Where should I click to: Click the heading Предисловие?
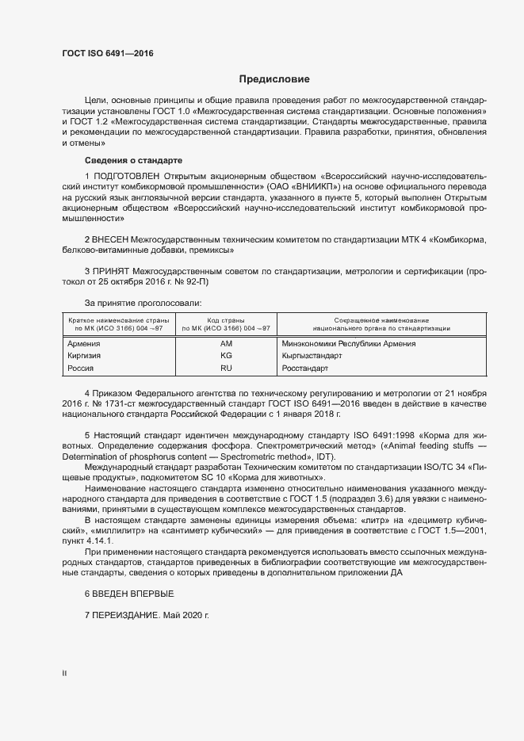274,79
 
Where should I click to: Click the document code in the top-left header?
107,53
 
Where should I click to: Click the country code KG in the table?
226,356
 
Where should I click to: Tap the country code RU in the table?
226,369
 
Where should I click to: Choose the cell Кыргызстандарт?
312,356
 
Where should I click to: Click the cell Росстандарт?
305,369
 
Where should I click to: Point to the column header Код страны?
226,319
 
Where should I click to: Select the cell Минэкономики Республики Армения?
349,344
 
